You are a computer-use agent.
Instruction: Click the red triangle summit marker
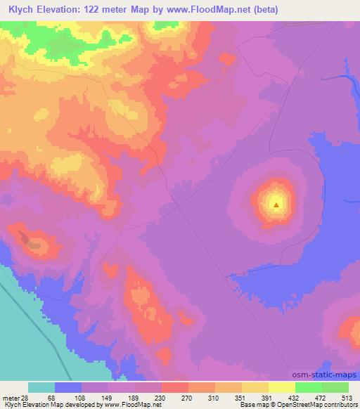pyautogui.click(x=276, y=206)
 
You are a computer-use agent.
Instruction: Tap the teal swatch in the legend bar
pyautogui.click(x=41, y=387)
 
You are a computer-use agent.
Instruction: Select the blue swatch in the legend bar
pyautogui.click(x=68, y=387)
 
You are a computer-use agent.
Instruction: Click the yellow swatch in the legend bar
pyautogui.click(x=282, y=387)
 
